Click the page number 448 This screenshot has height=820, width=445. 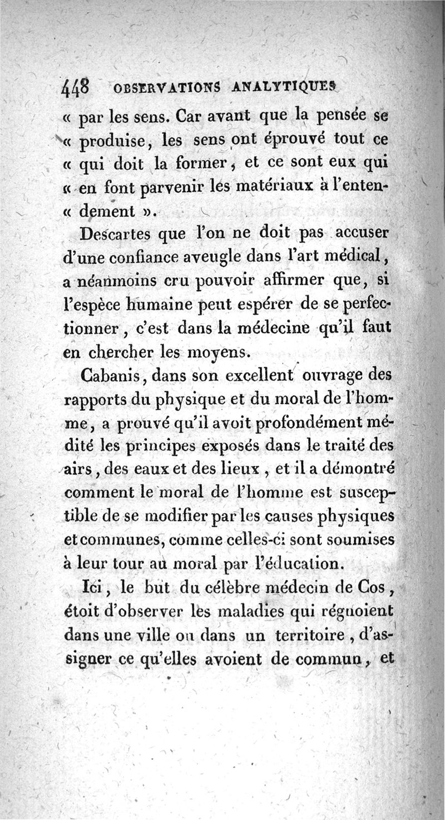point(78,87)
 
